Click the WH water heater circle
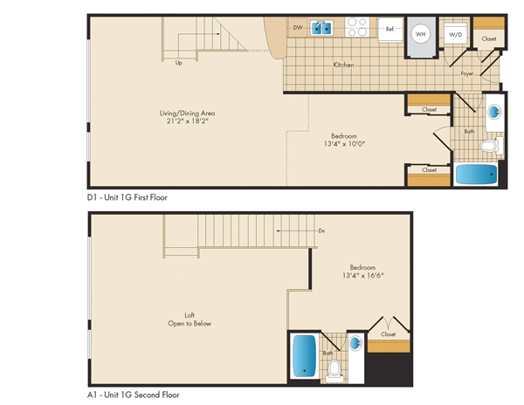pyautogui.click(x=420, y=34)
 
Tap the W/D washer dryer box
pyautogui.click(x=456, y=33)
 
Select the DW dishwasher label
pyautogui.click(x=298, y=27)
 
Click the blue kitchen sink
pyautogui.click(x=321, y=28)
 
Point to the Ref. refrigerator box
pyautogui.click(x=390, y=30)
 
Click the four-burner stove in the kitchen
pyautogui.click(x=357, y=27)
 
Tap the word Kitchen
pyautogui.click(x=343, y=65)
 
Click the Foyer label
pyautogui.click(x=467, y=74)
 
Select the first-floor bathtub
pyautogui.click(x=477, y=174)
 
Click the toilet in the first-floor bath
pyautogui.click(x=492, y=146)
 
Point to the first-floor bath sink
pyautogui.click(x=494, y=113)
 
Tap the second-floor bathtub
pyautogui.click(x=304, y=356)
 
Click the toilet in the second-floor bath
pyautogui.click(x=334, y=371)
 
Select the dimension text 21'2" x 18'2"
pyautogui.click(x=188, y=121)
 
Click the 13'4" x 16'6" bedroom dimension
pyautogui.click(x=363, y=276)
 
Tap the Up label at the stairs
pyautogui.click(x=179, y=63)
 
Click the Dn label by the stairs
pyautogui.click(x=321, y=230)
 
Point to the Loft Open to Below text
pyautogui.click(x=190, y=319)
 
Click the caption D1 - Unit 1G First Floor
pyautogui.click(x=127, y=197)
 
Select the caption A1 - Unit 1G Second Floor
pyautogui.click(x=134, y=395)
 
